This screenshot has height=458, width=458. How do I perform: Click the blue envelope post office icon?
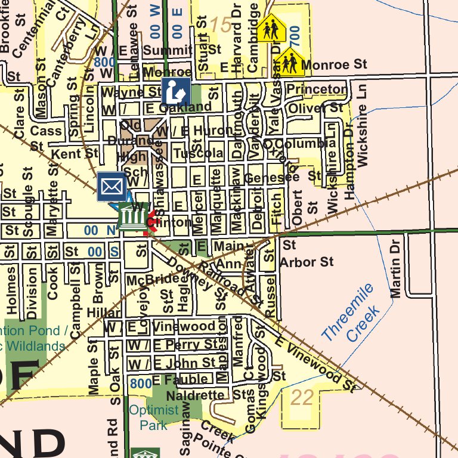pyautogui.click(x=112, y=186)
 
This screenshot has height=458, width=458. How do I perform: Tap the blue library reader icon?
pyautogui.click(x=176, y=91)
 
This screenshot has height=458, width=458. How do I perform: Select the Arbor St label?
pyautogui.click(x=307, y=262)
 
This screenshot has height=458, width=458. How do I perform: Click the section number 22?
pyautogui.click(x=302, y=398)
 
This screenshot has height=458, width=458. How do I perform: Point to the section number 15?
pyautogui.click(x=220, y=25)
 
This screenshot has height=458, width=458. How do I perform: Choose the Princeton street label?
pyautogui.click(x=316, y=89)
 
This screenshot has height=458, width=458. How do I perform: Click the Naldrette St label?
pyautogui.click(x=206, y=395)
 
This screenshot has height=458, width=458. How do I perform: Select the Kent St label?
pyautogui.click(x=75, y=154)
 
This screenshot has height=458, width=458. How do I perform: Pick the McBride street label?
pyautogui.click(x=153, y=280)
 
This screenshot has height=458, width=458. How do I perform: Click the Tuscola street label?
pyautogui.click(x=198, y=153)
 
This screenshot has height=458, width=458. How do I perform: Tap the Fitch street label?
pyautogui.click(x=276, y=208)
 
